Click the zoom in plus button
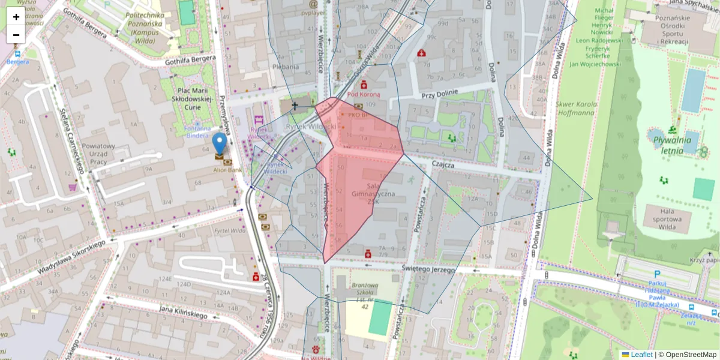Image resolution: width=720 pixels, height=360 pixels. click(x=16, y=17)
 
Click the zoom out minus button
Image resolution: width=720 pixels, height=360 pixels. click(x=16, y=35)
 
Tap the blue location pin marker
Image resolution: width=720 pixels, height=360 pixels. click(x=220, y=144)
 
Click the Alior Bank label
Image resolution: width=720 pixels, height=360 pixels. click(x=227, y=170)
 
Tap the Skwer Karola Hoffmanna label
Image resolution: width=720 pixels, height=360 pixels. click(x=578, y=108)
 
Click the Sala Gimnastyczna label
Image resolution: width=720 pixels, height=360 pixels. click(x=373, y=194)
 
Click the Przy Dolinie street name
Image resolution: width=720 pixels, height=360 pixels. click(x=439, y=94)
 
